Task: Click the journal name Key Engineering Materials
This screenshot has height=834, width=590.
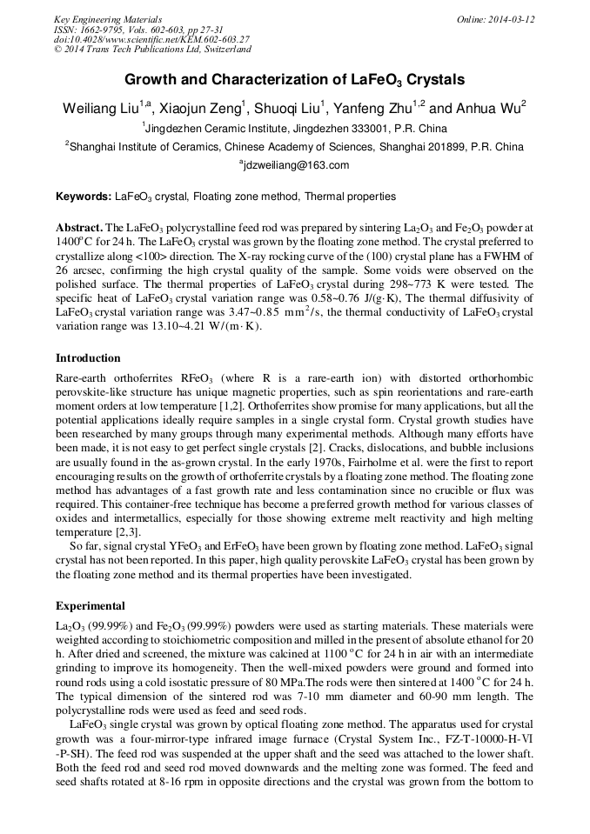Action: [108, 18]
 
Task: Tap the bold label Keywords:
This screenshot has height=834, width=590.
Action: [84, 197]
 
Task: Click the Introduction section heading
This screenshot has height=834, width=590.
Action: [88, 358]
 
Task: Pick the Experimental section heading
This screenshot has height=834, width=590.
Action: [91, 605]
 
